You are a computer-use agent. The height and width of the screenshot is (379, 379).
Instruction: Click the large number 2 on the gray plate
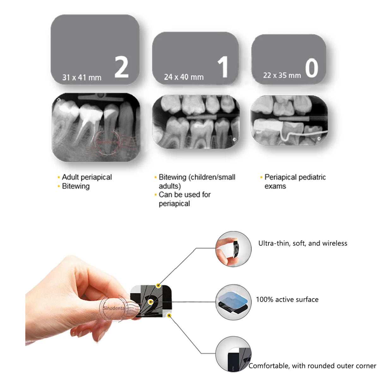pos(121,67)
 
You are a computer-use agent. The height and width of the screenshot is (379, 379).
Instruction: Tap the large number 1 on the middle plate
pos(223,67)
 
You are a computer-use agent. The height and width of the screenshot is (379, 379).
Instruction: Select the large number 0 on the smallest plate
pos(311,68)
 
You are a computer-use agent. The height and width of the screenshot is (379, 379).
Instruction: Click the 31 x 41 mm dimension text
pos(82,77)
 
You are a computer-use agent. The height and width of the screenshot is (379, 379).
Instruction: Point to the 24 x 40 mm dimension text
pos(183,77)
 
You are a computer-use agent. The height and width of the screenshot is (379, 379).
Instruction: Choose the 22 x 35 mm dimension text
pos(282,75)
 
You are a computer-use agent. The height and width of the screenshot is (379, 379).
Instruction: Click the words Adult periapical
pos(87,177)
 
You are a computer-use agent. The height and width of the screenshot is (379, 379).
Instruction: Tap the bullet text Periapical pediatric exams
pos(295,181)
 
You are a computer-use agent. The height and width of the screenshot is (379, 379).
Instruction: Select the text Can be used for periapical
pos(184,199)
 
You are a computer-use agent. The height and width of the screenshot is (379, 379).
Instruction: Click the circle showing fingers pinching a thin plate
pos(233,249)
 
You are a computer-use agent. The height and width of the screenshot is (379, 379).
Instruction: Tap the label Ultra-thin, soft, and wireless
pos(303,243)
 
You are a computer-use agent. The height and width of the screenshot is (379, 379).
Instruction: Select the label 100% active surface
pos(287,299)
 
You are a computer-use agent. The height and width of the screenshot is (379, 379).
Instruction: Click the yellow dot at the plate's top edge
pos(159,286)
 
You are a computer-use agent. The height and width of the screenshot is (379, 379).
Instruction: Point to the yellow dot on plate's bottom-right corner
pos(169,315)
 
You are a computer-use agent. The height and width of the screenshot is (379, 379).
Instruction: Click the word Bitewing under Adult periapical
pos(76,186)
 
